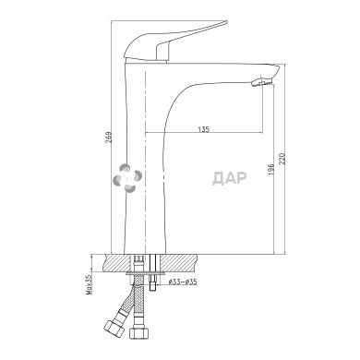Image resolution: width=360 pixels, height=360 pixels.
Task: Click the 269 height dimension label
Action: click(x=108, y=138)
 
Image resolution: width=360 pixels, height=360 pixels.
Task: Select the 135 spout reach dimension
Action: click(x=203, y=129)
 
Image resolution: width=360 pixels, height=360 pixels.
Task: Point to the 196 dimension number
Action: click(x=270, y=170)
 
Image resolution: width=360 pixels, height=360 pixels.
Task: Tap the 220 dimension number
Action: click(x=282, y=158)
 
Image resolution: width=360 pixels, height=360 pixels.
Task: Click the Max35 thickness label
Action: click(x=90, y=285)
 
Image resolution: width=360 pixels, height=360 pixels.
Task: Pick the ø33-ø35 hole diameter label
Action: click(x=183, y=282)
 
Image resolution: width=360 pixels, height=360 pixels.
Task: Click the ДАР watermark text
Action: click(x=230, y=178)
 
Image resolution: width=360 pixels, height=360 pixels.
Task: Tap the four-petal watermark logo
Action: click(x=127, y=178)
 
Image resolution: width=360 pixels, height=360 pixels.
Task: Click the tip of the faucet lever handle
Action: click(x=225, y=22)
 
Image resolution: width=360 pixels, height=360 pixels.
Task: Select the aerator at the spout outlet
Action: click(x=261, y=82)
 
